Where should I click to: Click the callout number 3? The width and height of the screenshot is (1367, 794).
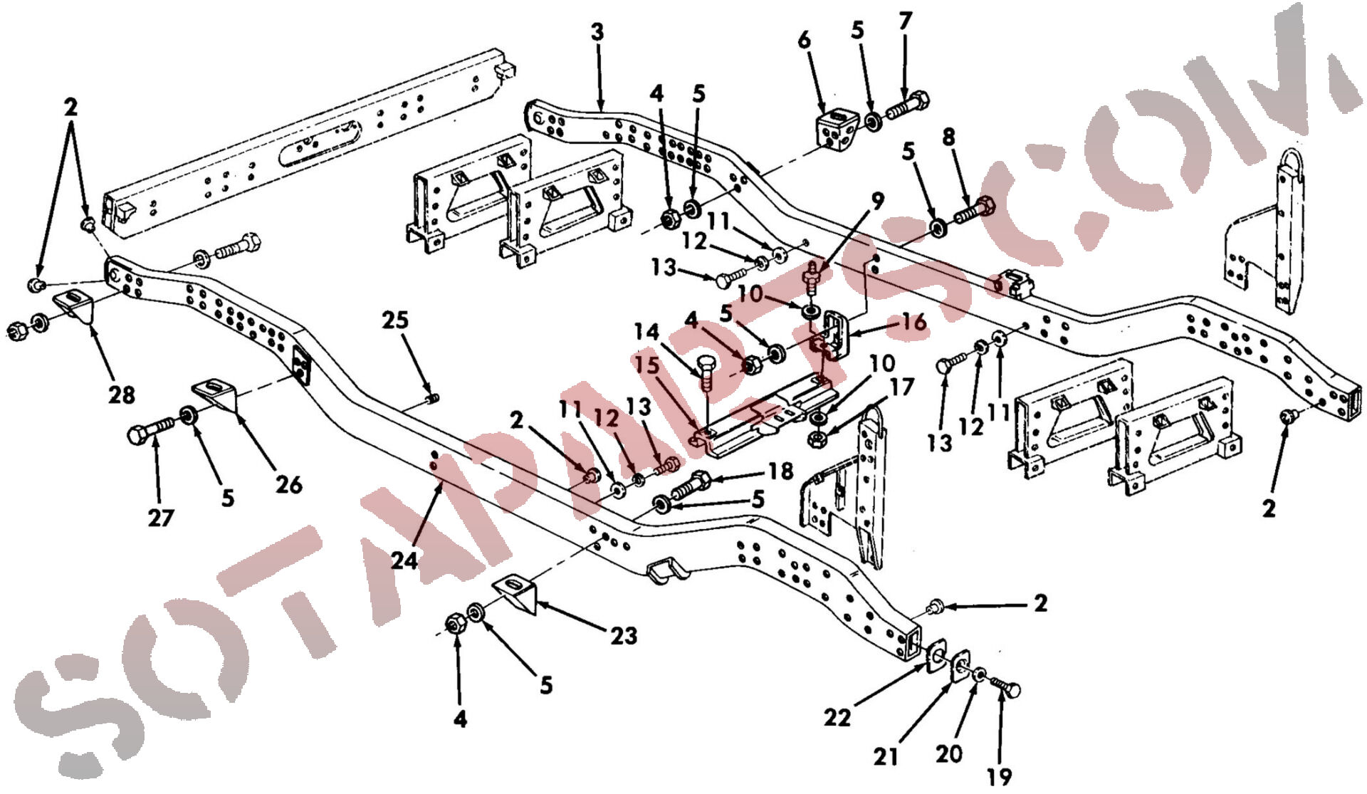[597, 32]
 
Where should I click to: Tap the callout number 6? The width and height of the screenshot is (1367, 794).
[805, 40]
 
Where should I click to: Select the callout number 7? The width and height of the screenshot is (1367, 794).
[905, 21]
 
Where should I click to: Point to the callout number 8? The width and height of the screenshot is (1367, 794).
[948, 137]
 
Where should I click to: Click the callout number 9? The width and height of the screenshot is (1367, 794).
[878, 201]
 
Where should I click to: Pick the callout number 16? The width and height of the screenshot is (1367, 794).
[914, 322]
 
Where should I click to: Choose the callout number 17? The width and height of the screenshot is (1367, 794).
[901, 387]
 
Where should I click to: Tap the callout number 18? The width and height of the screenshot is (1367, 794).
[780, 471]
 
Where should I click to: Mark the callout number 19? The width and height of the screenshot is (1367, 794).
[1000, 776]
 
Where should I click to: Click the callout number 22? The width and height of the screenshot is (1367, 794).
[838, 718]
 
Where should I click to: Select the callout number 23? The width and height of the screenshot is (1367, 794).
[624, 635]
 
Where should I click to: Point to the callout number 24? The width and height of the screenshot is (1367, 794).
[404, 561]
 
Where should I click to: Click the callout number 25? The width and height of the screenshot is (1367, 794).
[395, 320]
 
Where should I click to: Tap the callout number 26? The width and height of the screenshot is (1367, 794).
[288, 485]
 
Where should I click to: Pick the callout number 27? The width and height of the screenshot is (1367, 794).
[161, 518]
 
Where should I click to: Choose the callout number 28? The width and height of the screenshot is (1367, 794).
[121, 394]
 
